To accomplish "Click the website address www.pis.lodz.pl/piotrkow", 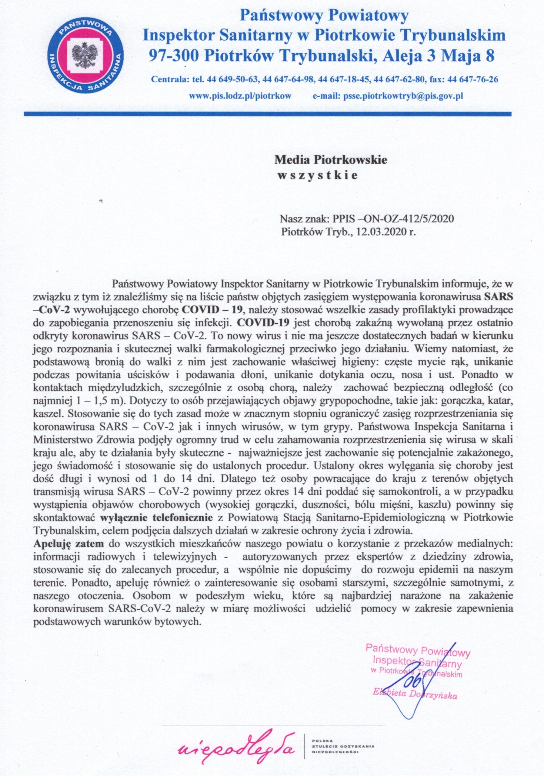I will click(x=240, y=96).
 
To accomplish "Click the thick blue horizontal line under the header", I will click(x=267, y=114).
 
